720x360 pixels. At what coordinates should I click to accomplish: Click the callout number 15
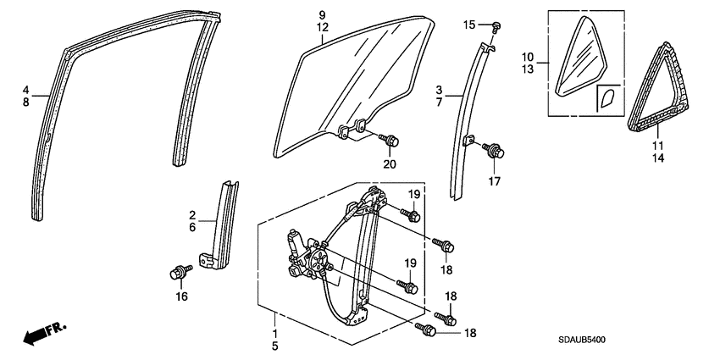(469, 25)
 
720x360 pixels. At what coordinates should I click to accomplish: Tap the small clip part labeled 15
(497, 26)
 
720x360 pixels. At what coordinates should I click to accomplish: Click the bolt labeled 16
(179, 272)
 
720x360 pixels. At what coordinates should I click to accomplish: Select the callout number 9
(322, 15)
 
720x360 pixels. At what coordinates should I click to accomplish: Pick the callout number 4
(26, 89)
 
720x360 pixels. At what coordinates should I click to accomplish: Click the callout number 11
(657, 146)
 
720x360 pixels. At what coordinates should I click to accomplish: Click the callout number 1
(274, 330)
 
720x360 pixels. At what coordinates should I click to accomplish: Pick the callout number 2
(192, 216)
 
